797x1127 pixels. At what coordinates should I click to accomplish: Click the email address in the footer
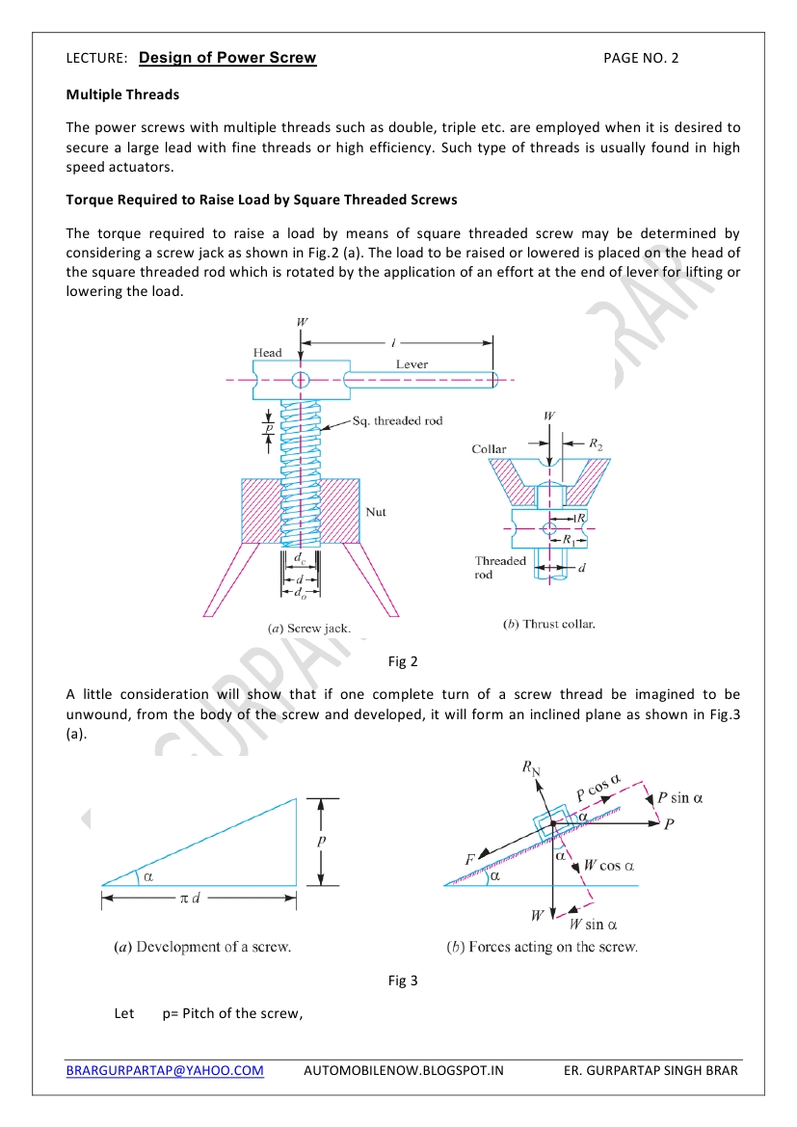[x=165, y=1070]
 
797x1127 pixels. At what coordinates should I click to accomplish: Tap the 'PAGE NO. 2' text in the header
[x=641, y=58]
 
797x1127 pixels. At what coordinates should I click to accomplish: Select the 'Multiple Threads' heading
[x=122, y=94]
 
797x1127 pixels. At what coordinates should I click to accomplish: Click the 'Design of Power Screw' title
[x=227, y=58]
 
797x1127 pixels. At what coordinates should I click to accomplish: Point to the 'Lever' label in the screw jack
[x=412, y=364]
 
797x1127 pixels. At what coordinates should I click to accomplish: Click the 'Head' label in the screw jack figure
[x=268, y=353]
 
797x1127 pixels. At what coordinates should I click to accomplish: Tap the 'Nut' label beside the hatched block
[x=376, y=512]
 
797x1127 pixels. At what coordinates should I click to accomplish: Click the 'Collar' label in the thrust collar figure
[x=489, y=449]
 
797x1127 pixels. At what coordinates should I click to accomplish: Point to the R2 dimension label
[x=597, y=444]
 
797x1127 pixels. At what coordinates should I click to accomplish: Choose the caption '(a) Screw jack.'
[x=308, y=628]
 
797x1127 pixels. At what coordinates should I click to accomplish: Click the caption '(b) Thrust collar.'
[x=549, y=624]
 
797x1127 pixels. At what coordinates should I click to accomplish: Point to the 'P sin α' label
[x=680, y=798]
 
